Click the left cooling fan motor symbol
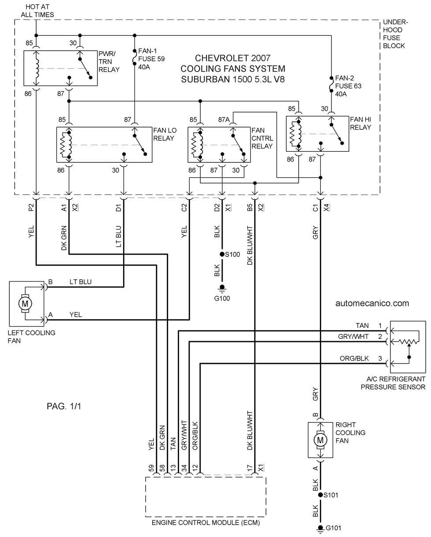click(x=25, y=304)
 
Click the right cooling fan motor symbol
click(x=320, y=440)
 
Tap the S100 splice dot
click(x=222, y=254)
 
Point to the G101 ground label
click(x=333, y=528)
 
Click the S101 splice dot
click(x=320, y=495)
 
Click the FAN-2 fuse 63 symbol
click(x=331, y=84)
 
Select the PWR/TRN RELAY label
click(x=109, y=62)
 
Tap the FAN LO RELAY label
click(x=165, y=134)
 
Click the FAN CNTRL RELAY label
click(x=262, y=138)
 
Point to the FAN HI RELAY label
click(x=360, y=123)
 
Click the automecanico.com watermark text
click(x=372, y=303)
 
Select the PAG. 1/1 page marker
click(x=64, y=406)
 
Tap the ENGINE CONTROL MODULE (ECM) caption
click(x=206, y=522)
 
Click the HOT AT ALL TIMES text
click(x=37, y=11)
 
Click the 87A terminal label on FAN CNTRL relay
click(x=224, y=120)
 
